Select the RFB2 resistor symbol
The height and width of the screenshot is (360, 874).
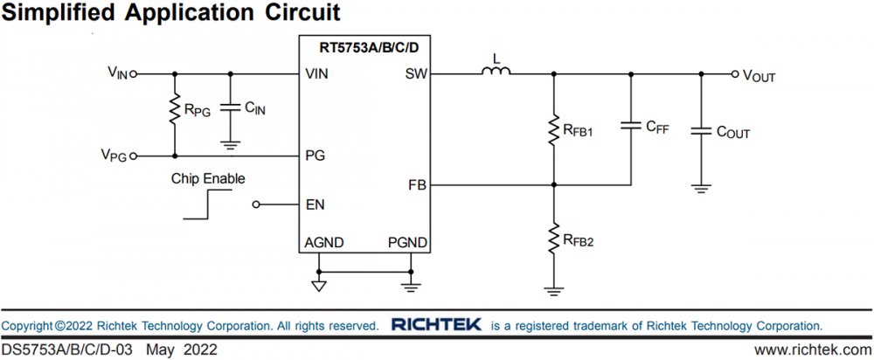pos(553,237)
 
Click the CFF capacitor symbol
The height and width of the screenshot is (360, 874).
pos(630,128)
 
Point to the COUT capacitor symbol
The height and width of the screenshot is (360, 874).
pos(700,131)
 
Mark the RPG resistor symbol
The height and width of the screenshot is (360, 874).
pos(175,110)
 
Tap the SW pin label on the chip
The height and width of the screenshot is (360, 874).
pos(415,74)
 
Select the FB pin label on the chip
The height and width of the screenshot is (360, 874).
pos(417,185)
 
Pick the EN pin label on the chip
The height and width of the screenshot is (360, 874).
pos(315,205)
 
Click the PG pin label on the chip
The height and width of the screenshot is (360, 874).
pos(315,156)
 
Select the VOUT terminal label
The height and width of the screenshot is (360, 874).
pos(759,76)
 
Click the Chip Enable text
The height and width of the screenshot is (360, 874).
pos(208,178)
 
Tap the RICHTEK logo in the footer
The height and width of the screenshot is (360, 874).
pos(436,325)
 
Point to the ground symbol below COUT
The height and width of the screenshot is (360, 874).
pos(700,186)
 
